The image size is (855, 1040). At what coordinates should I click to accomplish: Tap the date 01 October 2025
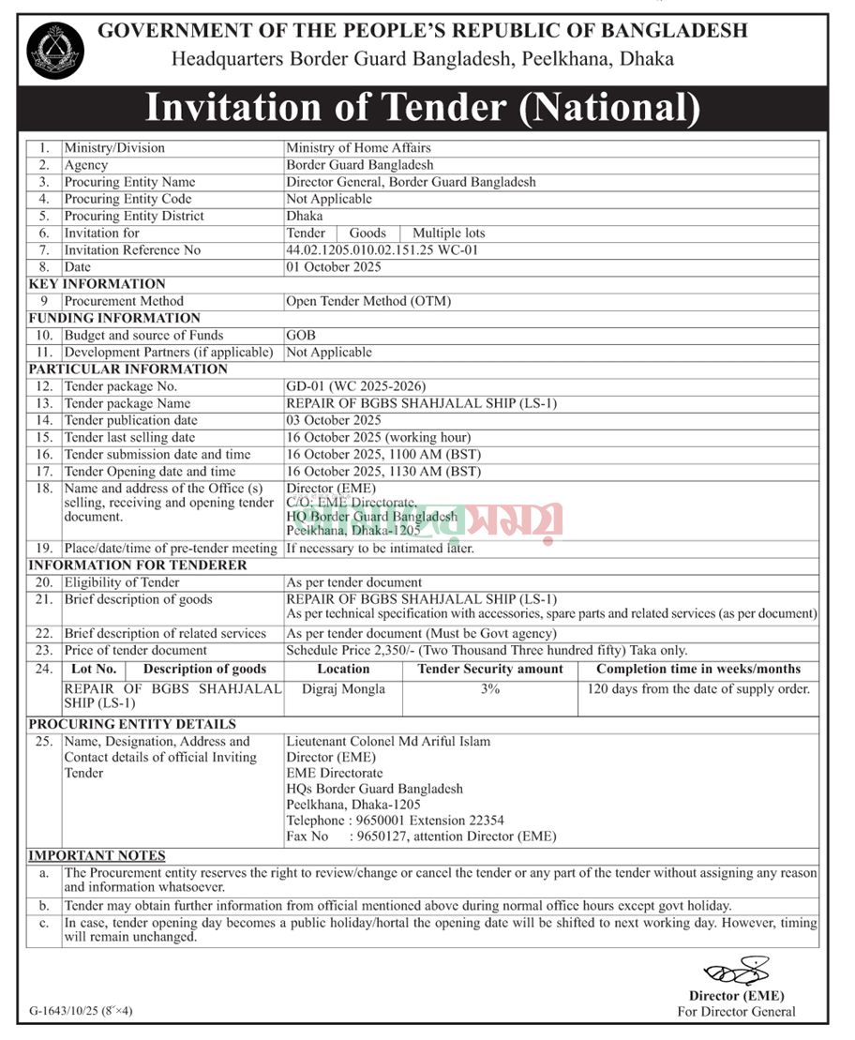[x=334, y=267]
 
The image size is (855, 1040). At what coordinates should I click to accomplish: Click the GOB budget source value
[x=301, y=335]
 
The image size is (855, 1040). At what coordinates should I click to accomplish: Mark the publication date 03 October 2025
[x=334, y=420]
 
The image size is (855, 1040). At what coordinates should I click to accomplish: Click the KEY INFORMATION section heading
[x=97, y=284]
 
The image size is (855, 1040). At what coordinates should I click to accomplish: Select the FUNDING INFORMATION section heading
[x=114, y=318]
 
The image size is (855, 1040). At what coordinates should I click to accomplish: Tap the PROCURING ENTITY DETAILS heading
[x=132, y=724]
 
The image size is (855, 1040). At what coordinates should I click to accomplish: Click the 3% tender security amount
[x=490, y=688]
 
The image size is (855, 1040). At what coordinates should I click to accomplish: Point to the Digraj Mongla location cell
[x=343, y=688]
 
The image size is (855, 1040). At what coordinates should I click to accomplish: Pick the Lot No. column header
[x=94, y=670]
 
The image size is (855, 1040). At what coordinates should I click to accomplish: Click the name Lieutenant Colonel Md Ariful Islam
[x=388, y=741]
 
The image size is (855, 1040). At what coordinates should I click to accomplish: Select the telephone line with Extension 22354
[x=395, y=821]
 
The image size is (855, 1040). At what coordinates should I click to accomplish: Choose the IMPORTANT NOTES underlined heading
[x=97, y=855]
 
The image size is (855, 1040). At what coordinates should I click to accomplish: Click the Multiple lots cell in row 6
[x=449, y=233]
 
